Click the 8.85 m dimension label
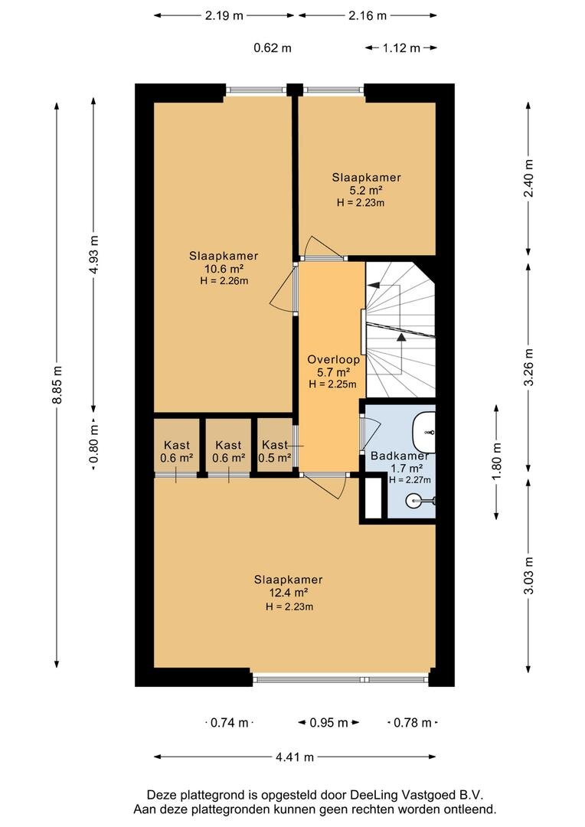coord(57,385)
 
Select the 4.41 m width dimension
coord(295,757)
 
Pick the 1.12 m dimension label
coord(401,47)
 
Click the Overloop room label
coord(329,359)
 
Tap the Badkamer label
coord(398,456)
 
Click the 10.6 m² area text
coord(224,269)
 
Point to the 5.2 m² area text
coord(366,190)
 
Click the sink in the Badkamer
coord(425,425)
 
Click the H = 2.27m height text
coord(410,480)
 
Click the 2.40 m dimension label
coord(528,178)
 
